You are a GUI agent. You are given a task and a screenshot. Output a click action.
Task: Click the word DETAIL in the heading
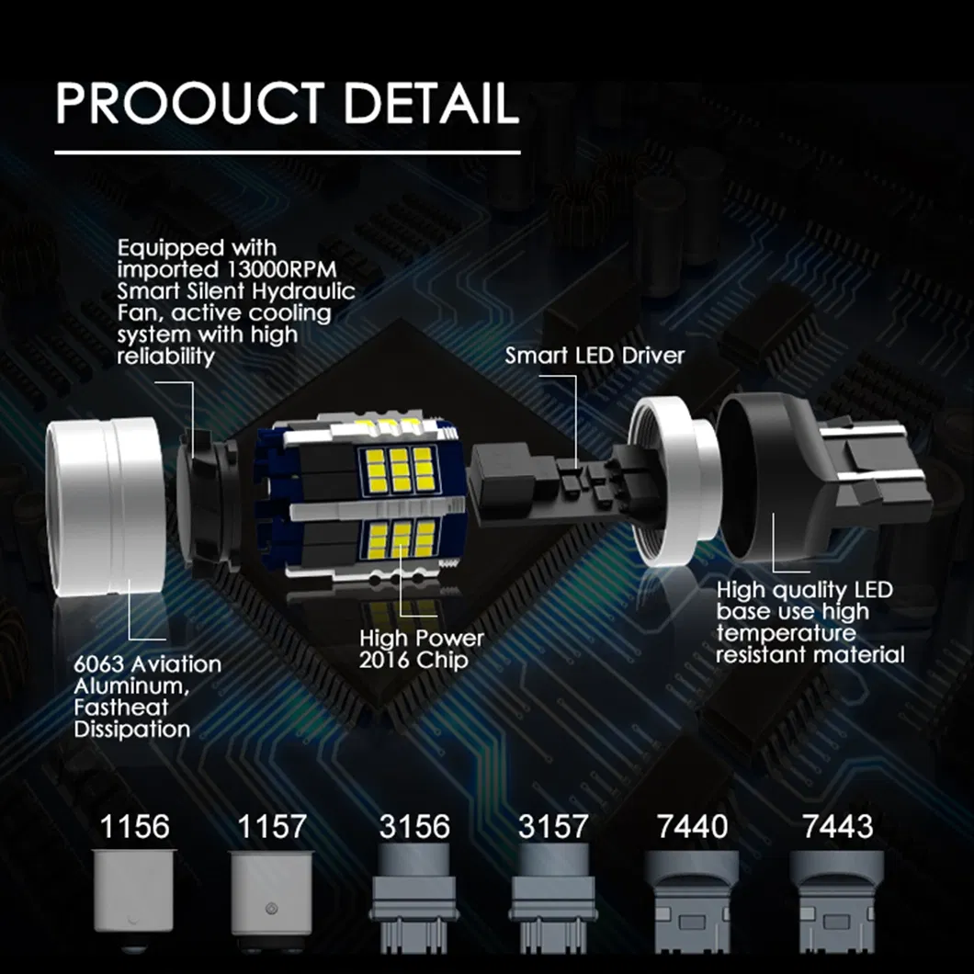(x=430, y=102)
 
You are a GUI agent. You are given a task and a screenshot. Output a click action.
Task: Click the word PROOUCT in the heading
(x=189, y=103)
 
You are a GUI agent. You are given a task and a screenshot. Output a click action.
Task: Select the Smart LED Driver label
(x=595, y=356)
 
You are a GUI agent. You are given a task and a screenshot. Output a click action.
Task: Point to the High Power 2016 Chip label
(x=421, y=649)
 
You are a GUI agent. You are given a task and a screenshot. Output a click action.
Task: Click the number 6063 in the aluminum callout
(x=98, y=664)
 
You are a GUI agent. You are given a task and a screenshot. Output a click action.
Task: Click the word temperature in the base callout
(x=786, y=633)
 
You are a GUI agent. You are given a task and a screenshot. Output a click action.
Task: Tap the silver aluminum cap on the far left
(x=107, y=506)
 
